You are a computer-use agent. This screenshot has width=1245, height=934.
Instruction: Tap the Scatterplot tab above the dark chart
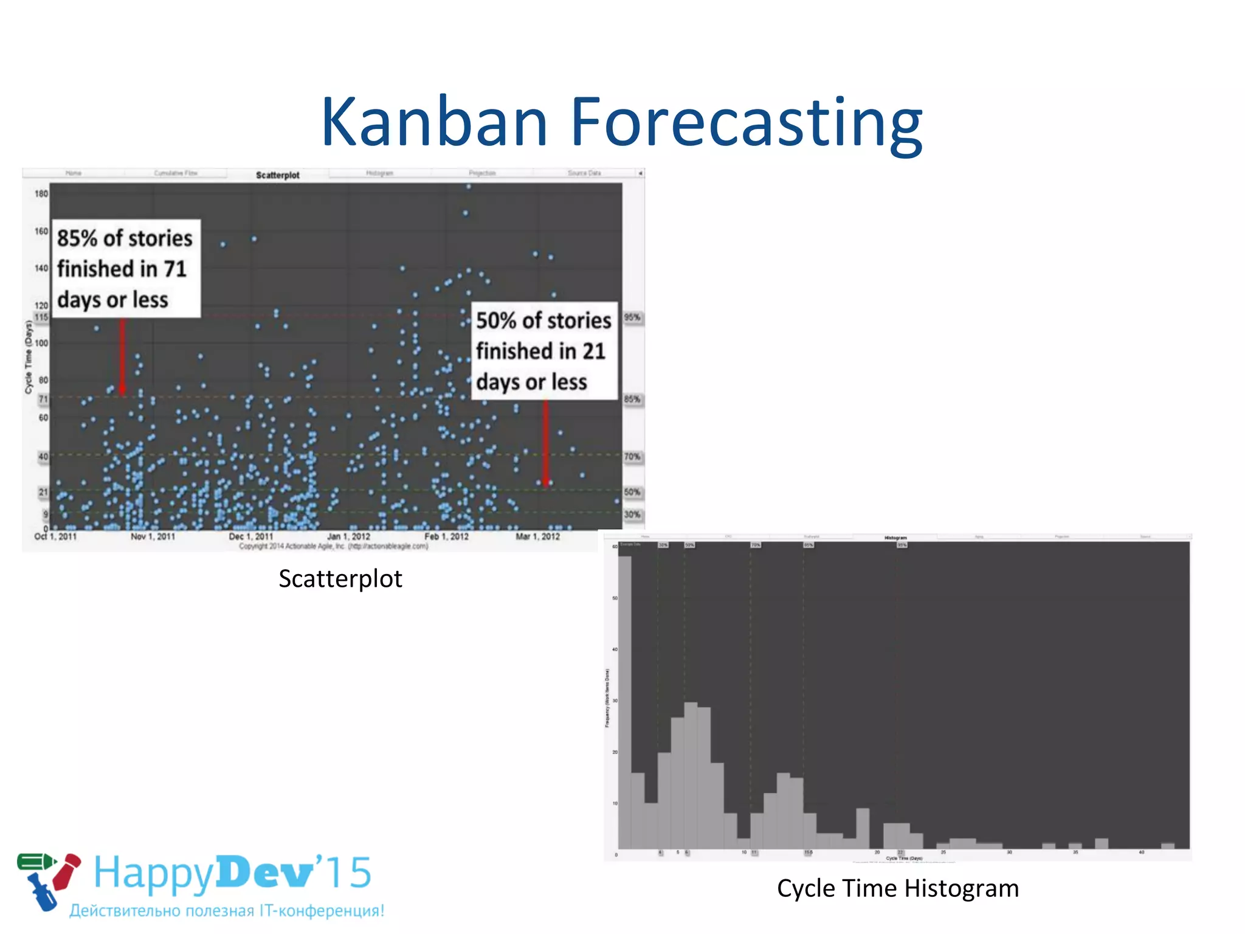(x=277, y=175)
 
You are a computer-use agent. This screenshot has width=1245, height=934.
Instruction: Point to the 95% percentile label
(x=632, y=317)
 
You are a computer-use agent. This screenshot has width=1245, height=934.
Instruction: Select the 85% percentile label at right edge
(x=632, y=400)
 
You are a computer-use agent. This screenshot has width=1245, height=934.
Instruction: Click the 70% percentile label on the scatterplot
(x=632, y=457)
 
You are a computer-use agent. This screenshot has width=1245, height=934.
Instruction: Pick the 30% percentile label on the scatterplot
(x=632, y=514)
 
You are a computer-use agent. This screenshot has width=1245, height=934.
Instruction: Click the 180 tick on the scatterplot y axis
(x=41, y=194)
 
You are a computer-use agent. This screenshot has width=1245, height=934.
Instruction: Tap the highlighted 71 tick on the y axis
(x=43, y=400)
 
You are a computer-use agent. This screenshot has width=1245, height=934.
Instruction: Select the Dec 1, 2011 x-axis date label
(x=250, y=536)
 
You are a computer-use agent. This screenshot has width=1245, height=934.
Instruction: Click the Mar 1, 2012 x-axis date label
(x=537, y=536)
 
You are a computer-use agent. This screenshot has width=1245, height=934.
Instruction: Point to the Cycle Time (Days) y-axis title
(x=29, y=358)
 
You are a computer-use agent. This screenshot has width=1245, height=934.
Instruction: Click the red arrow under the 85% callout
(x=122, y=356)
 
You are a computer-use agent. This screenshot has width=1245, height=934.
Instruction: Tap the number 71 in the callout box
(x=174, y=269)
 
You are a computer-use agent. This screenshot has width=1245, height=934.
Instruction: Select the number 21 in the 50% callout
(x=593, y=351)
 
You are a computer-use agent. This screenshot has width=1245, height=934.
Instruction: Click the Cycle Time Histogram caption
(x=897, y=888)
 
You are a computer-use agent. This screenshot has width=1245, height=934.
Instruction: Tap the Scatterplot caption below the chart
(x=340, y=579)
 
